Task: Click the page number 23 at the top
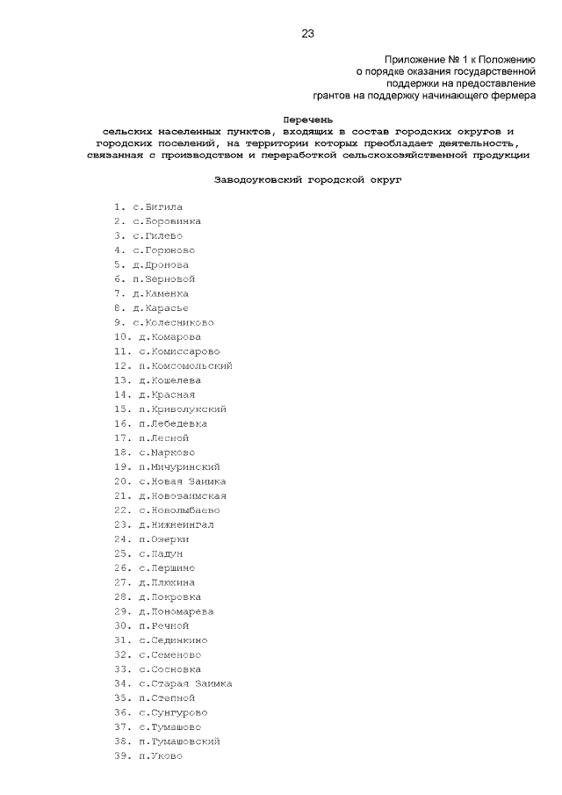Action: point(307,34)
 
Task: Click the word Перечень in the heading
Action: point(307,118)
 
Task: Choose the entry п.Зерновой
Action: point(163,278)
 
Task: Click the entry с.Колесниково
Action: point(173,322)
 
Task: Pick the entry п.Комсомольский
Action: point(185,365)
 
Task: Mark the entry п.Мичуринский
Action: point(179,466)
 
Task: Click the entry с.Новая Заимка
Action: point(182,481)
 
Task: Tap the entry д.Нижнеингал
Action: point(176,524)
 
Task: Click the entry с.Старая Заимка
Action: point(185,683)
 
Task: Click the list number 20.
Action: point(121,481)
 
